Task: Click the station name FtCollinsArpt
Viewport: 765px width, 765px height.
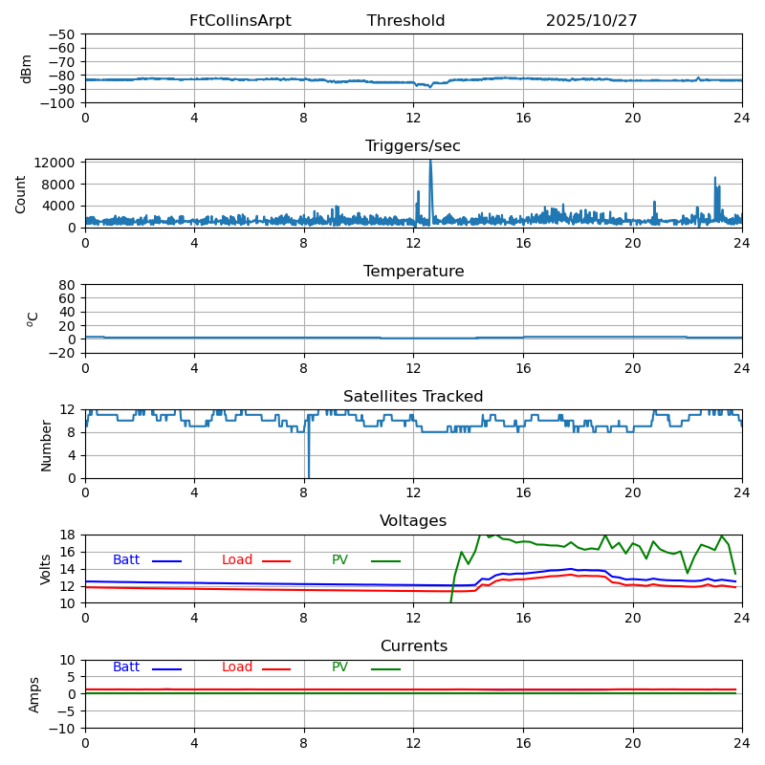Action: point(240,21)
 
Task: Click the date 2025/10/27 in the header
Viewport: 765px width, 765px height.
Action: point(591,21)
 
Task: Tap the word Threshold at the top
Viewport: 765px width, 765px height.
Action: point(405,21)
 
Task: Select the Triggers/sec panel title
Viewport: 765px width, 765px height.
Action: point(413,146)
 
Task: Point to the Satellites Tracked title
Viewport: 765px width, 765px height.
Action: point(413,397)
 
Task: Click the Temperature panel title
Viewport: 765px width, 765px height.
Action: point(413,272)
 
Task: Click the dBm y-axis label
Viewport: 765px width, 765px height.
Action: point(27,69)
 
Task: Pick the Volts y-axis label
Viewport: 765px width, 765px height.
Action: point(46,569)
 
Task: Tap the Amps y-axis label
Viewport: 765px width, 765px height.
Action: point(34,694)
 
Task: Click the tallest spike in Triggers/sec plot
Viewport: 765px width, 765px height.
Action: point(430,163)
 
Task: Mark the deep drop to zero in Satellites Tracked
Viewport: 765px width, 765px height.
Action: point(308,475)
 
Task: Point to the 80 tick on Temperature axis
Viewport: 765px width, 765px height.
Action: point(68,285)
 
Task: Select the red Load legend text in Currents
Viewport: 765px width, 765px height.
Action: point(237,667)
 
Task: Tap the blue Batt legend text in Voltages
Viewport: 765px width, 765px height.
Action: point(126,560)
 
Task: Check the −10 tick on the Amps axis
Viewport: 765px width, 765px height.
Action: point(61,729)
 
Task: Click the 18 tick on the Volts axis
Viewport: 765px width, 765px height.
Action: point(68,535)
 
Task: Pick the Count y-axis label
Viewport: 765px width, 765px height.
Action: point(21,194)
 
